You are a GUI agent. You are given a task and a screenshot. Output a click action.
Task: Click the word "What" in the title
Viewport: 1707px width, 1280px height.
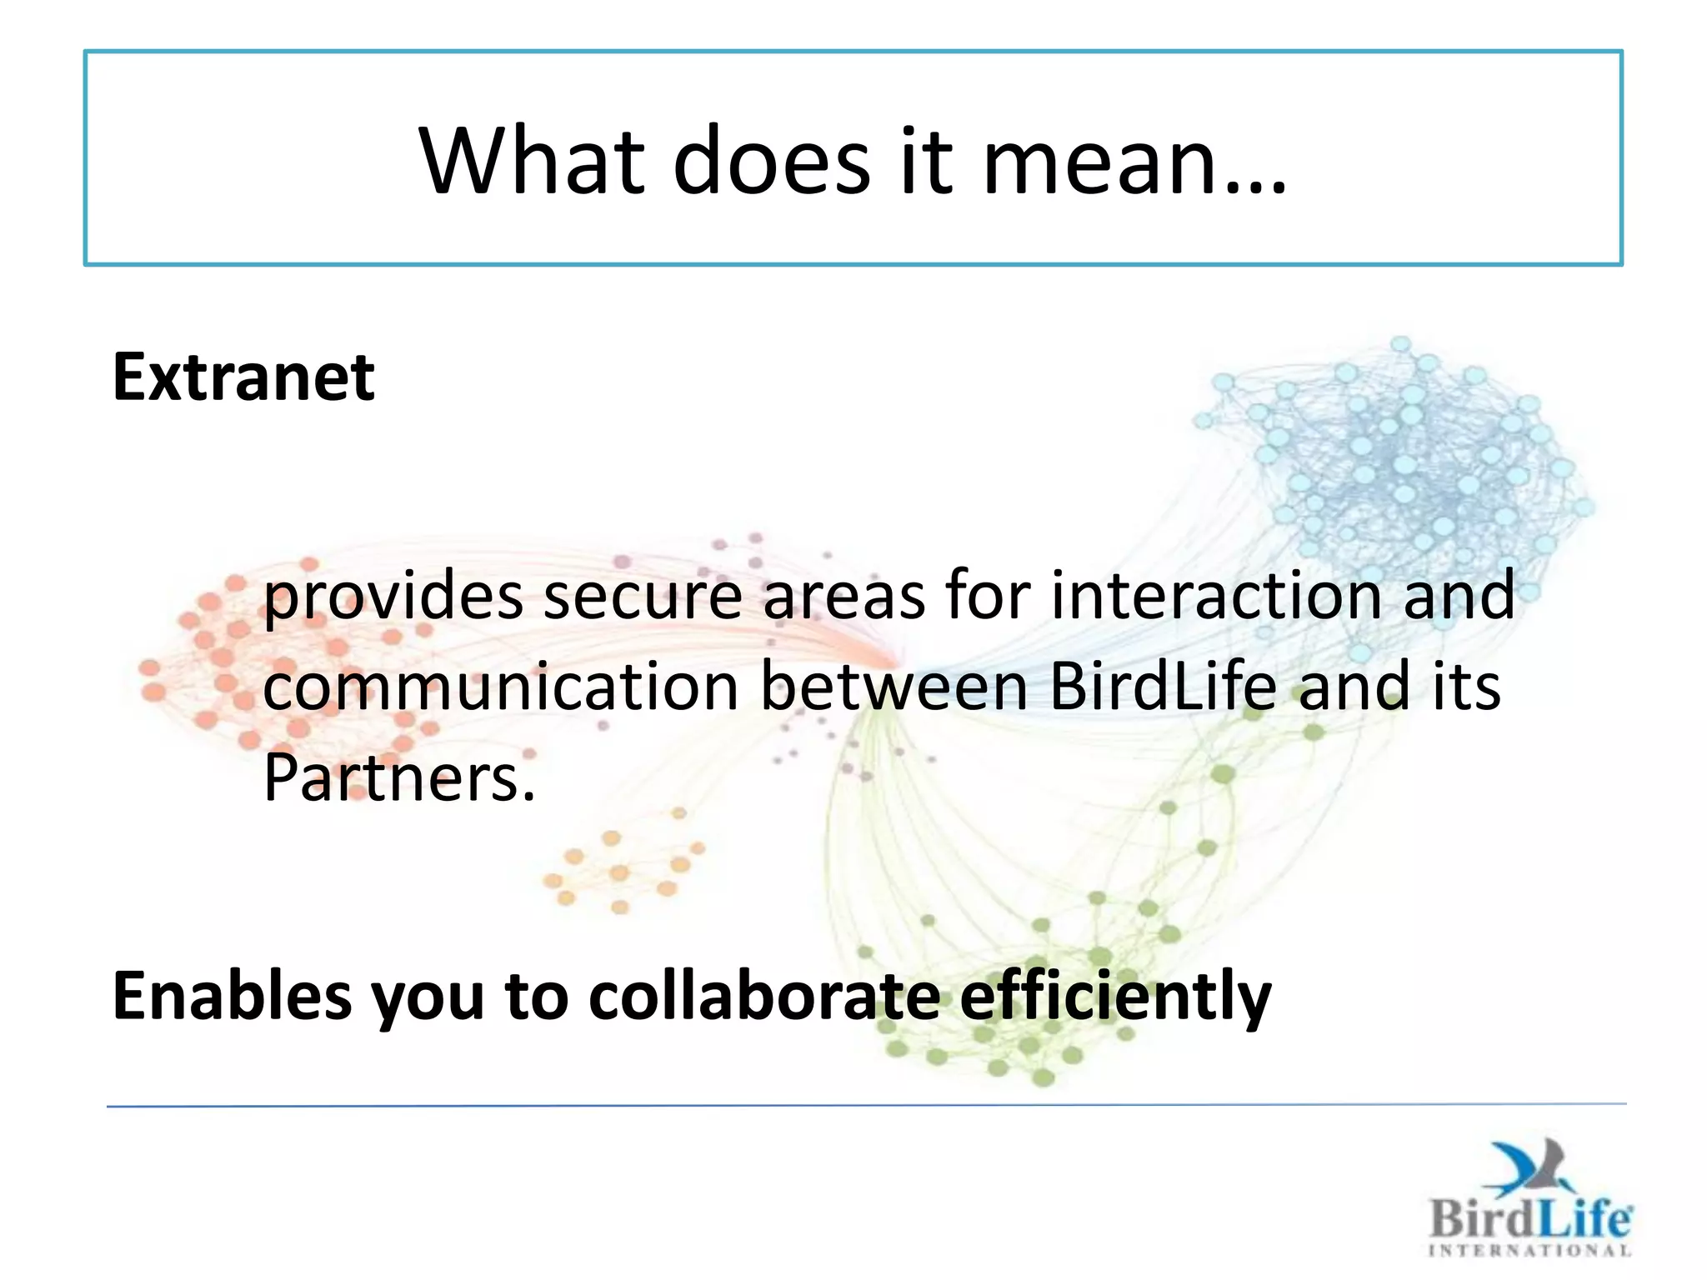[x=532, y=160]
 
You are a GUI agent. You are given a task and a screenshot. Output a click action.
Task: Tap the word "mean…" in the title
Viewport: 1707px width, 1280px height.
[x=1135, y=160]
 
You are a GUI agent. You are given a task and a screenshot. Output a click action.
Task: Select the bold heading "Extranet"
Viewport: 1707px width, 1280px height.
[x=243, y=377]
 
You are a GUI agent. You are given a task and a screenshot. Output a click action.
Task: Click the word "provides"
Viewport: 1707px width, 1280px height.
[x=393, y=597]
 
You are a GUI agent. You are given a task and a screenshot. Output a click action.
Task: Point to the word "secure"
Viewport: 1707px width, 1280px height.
[x=642, y=597]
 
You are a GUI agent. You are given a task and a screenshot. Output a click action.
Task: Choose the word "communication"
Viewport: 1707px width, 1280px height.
[x=501, y=687]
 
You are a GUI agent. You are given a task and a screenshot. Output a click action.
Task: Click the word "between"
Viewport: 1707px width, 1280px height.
[x=894, y=687]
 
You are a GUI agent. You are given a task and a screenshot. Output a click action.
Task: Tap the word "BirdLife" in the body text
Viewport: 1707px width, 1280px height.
[x=1163, y=687]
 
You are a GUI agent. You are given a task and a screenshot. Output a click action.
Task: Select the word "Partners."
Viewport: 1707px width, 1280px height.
[x=398, y=777]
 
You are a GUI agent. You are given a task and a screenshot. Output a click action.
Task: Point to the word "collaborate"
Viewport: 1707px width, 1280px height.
[x=763, y=996]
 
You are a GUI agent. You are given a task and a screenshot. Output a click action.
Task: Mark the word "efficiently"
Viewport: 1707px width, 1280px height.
[x=1115, y=996]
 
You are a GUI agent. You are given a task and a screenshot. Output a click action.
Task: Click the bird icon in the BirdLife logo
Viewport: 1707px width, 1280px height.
[x=1532, y=1167]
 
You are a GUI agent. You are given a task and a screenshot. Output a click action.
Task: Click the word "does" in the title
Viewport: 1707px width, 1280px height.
[x=771, y=160]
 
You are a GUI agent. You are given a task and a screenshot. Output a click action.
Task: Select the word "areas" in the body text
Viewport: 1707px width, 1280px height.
[x=843, y=597]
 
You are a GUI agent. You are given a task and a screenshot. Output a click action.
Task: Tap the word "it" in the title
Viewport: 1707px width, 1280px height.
[x=925, y=160]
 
